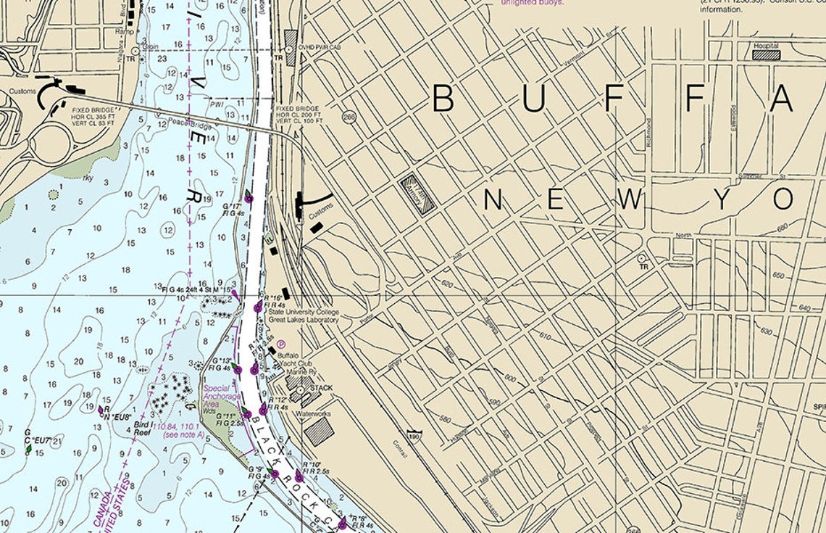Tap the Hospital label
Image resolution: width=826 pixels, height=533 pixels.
(x=765, y=45)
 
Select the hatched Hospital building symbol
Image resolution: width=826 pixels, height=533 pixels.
(x=766, y=54)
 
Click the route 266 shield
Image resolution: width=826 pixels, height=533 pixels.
(x=350, y=116)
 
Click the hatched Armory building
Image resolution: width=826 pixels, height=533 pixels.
(x=418, y=194)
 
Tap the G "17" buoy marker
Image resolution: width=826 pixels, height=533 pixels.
(x=249, y=196)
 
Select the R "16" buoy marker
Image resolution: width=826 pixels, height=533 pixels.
(x=258, y=307)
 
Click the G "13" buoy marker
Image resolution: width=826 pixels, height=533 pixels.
(x=236, y=368)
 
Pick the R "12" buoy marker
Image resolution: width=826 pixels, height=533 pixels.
(x=264, y=410)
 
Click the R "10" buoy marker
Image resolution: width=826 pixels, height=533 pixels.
(x=299, y=476)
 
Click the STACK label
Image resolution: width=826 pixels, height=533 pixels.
(x=321, y=388)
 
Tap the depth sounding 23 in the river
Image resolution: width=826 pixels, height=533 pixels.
(x=162, y=59)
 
